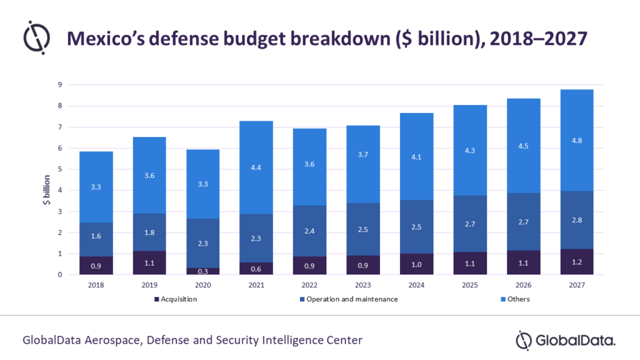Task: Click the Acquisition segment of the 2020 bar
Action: (202, 271)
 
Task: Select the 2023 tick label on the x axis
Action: (363, 284)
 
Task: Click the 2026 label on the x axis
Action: (524, 284)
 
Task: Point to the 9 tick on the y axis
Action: (59, 84)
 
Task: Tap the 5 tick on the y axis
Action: (59, 169)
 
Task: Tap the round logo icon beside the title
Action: (36, 37)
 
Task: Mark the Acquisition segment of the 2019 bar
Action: (149, 262)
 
